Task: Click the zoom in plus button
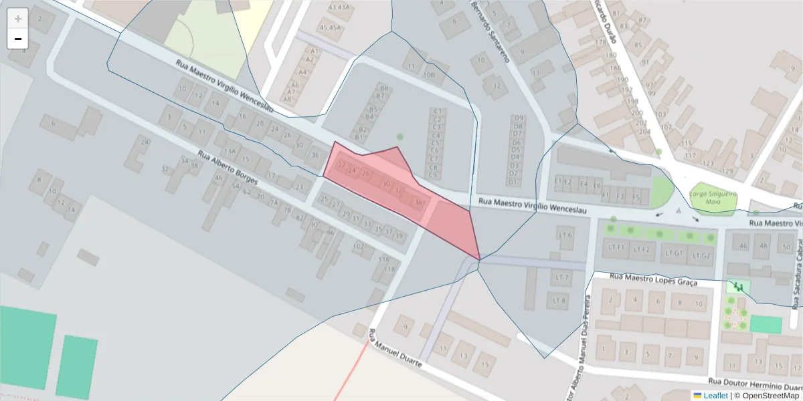pyautogui.click(x=18, y=19)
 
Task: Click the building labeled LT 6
pyautogui.click(x=565, y=235)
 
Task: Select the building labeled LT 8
pyautogui.click(x=560, y=300)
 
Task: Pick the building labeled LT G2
pyautogui.click(x=701, y=255)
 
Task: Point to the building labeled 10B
pyautogui.click(x=429, y=75)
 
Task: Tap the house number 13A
pyautogui.click(x=230, y=152)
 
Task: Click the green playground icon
pyautogui.click(x=739, y=287)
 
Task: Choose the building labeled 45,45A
pyautogui.click(x=330, y=27)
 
